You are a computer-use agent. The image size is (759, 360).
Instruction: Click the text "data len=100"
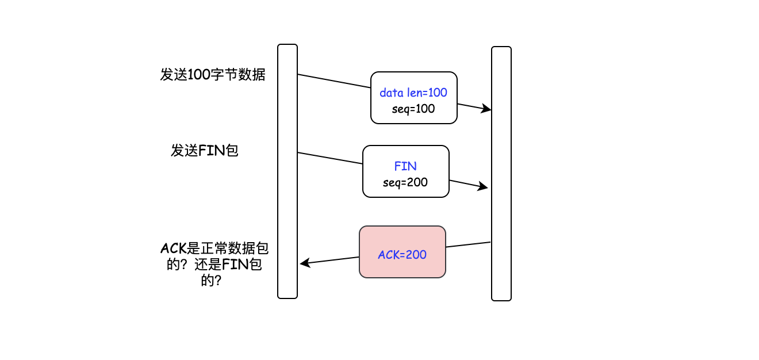coord(413,93)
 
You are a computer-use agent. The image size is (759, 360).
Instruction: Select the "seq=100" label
coord(413,109)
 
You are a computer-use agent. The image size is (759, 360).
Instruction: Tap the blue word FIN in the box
coord(405,166)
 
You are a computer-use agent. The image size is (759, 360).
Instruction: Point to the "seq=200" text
coord(405,183)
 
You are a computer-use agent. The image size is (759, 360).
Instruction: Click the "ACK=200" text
coord(402,254)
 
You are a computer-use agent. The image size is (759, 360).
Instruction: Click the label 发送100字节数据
coord(213,75)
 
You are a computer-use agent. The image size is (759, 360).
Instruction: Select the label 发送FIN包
coord(205,151)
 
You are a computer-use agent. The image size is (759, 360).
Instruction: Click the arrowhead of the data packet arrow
coord(487,109)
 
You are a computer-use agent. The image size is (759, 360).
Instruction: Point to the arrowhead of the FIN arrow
coord(484,187)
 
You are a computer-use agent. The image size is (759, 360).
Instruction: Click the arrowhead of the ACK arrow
coord(304,263)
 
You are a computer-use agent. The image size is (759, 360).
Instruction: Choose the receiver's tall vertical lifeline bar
coord(501,173)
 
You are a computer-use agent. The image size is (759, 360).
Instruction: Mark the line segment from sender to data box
coord(333,81)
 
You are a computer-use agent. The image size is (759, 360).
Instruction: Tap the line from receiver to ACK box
coord(468,245)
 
